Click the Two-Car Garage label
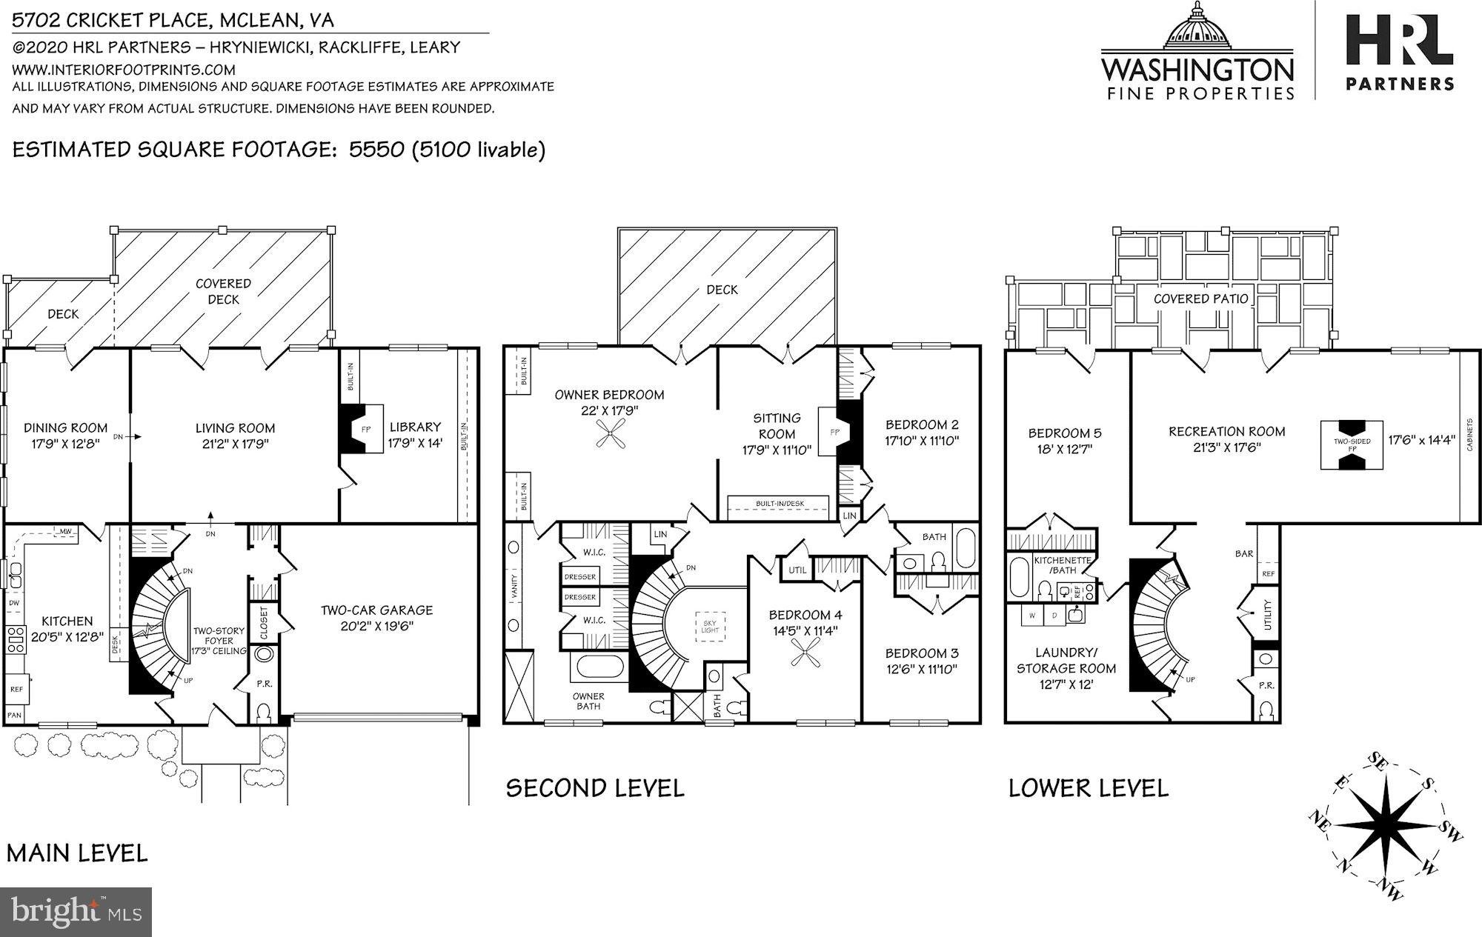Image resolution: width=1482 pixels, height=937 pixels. (x=376, y=610)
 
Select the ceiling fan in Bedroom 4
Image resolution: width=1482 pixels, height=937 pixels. (x=804, y=654)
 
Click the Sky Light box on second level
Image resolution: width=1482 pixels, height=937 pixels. (x=710, y=627)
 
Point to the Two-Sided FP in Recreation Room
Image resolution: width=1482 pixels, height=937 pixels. (x=1352, y=444)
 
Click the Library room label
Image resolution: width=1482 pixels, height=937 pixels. (x=415, y=427)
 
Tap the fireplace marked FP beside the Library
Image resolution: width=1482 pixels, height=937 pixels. (x=363, y=429)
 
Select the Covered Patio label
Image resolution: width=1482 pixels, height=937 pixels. (x=1200, y=299)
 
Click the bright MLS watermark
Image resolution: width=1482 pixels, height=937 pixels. (x=76, y=911)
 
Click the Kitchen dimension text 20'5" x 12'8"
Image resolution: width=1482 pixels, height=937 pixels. (x=67, y=636)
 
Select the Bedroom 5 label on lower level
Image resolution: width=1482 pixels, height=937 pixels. (x=1060, y=433)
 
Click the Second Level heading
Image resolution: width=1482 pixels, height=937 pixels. (x=594, y=787)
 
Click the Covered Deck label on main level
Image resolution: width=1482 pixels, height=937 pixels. (x=223, y=291)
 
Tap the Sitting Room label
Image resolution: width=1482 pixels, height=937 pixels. (x=777, y=426)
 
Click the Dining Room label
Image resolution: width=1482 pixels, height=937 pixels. (x=65, y=427)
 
